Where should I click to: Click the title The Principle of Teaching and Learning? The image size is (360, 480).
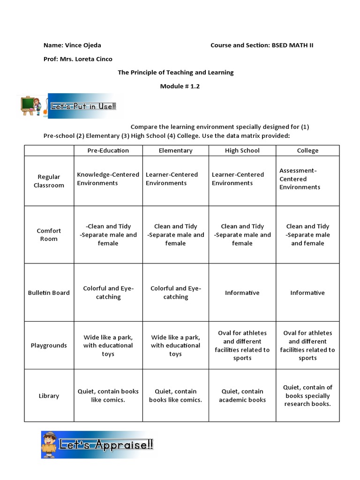(x=175, y=73)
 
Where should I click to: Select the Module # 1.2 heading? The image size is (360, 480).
(x=180, y=86)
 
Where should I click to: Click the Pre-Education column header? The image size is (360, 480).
(x=108, y=150)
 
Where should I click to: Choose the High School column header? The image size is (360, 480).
(x=242, y=150)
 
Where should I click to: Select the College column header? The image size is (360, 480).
(x=307, y=150)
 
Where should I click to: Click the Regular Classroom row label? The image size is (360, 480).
(x=49, y=181)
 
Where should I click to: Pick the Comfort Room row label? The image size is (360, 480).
(x=49, y=235)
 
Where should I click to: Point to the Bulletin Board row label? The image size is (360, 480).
(x=49, y=293)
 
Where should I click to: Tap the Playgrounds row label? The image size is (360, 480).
(x=49, y=345)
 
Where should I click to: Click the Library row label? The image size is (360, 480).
(x=49, y=396)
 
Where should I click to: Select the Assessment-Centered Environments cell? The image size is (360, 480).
(x=300, y=179)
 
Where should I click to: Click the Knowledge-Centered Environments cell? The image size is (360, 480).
(x=108, y=179)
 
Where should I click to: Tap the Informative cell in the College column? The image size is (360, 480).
(x=307, y=293)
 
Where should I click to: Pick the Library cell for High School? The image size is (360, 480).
(x=242, y=396)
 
